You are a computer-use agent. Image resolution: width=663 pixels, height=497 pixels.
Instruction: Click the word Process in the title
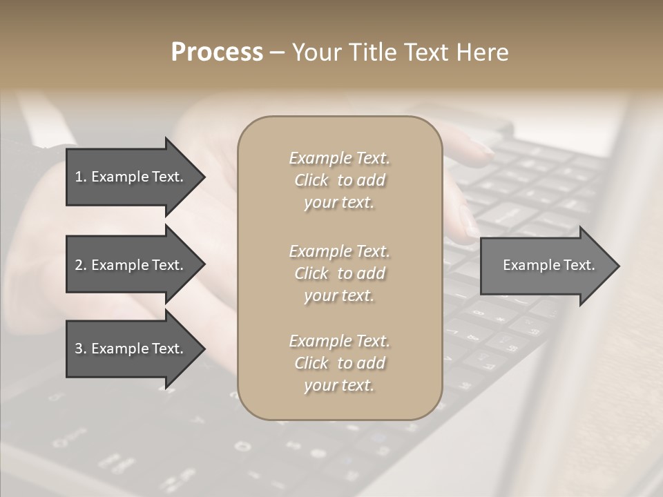(217, 52)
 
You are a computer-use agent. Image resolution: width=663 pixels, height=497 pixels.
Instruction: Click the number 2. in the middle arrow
(80, 265)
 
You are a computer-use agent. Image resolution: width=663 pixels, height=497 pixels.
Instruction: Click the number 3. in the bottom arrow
(80, 349)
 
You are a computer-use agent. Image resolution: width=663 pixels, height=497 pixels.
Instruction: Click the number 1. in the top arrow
(80, 177)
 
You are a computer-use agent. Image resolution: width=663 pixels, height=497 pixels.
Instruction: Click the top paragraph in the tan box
(339, 180)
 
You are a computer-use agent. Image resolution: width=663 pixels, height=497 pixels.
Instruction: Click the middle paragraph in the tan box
(339, 273)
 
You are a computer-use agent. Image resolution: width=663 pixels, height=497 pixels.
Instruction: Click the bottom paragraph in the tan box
(339, 363)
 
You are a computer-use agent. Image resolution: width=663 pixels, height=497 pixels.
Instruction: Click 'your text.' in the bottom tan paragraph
(339, 385)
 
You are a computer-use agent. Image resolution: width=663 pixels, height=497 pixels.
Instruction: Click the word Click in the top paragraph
(311, 180)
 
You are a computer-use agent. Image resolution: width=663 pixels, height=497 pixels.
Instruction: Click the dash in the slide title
(277, 52)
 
